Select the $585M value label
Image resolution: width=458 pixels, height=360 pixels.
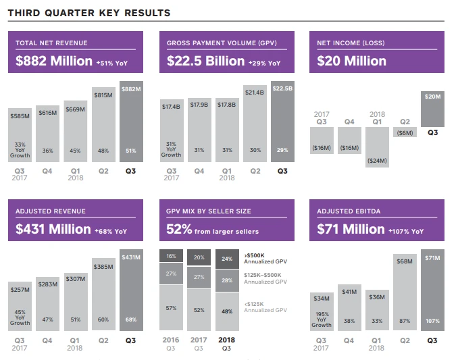pos(20,116)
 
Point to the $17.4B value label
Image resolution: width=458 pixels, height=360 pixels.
pos(171,106)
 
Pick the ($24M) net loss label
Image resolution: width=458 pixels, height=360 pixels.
pos(376,161)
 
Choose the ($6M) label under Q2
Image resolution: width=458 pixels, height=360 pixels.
pos(405,134)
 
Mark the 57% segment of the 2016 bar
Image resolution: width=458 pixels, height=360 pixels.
pos(171,308)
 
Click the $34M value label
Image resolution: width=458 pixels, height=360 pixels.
pos(321,298)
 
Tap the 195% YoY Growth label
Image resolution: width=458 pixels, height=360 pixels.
pos(321,319)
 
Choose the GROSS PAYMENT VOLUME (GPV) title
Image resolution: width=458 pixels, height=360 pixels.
pos(211,43)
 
